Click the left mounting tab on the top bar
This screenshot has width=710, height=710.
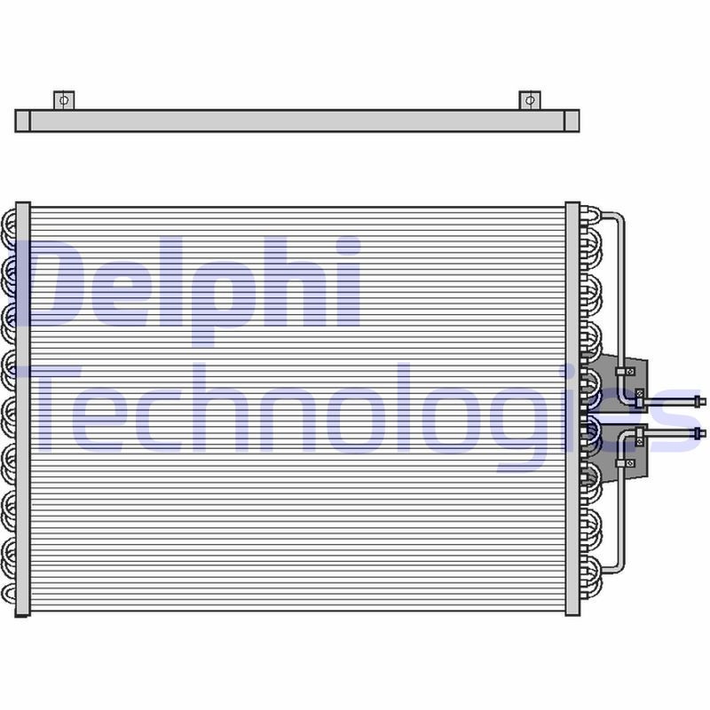coord(64,100)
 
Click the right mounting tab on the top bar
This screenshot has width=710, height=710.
coord(529,100)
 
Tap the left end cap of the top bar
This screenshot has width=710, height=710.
coord(22,122)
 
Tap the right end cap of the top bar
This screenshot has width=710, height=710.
coord(572,122)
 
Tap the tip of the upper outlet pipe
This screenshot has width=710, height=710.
coord(705,400)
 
